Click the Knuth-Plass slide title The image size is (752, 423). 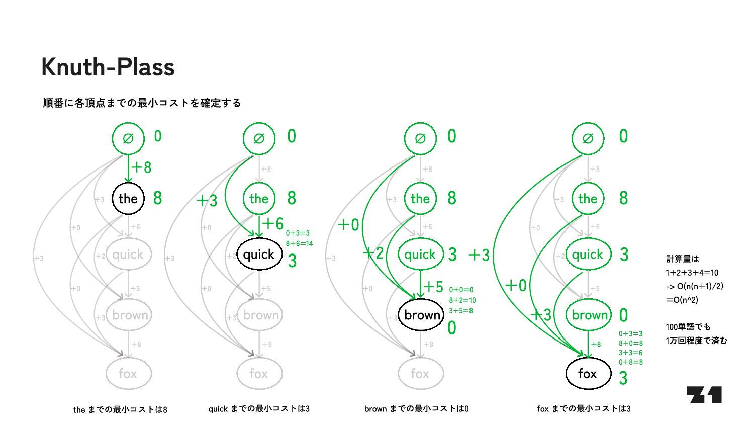[x=108, y=67]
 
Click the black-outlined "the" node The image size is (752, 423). [x=128, y=199]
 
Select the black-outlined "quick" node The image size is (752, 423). [x=258, y=255]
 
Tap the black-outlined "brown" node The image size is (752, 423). [x=422, y=315]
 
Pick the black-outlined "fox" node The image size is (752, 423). [x=587, y=374]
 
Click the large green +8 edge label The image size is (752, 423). [x=141, y=167]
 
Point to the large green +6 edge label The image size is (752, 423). [x=273, y=223]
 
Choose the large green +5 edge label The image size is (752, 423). [x=433, y=287]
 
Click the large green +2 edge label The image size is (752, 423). [x=373, y=253]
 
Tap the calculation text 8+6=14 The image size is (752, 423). [x=299, y=243]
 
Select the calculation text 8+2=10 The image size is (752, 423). [x=462, y=300]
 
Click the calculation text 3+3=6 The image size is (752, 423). [x=630, y=353]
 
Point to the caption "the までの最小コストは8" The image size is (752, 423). [x=120, y=409]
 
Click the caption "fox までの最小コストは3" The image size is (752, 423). [x=584, y=408]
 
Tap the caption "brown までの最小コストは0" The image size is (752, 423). [x=416, y=408]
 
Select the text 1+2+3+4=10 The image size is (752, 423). [x=692, y=273]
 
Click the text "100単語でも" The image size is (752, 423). [x=688, y=327]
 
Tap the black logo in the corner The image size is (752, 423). [x=704, y=395]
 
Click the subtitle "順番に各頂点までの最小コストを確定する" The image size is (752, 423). [x=142, y=103]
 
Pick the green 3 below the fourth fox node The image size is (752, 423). [x=623, y=378]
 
